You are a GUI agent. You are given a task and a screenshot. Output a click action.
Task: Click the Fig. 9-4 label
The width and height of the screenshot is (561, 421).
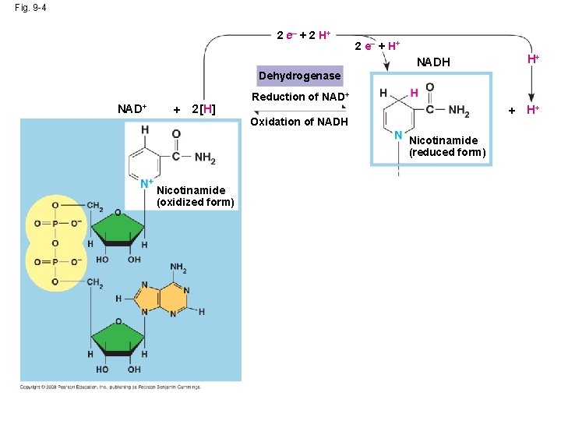click(30, 8)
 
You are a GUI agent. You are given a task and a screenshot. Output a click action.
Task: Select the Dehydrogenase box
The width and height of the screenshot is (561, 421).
click(299, 76)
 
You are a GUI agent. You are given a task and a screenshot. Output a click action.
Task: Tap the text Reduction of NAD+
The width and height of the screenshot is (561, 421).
click(300, 97)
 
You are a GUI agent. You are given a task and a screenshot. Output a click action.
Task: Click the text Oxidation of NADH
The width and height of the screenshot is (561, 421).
click(299, 122)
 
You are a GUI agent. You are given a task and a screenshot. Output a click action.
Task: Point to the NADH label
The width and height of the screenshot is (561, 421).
click(434, 62)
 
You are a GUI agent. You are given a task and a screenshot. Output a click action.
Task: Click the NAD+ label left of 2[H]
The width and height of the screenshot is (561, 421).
click(132, 108)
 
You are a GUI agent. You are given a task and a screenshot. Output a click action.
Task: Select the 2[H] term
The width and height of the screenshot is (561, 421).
click(203, 108)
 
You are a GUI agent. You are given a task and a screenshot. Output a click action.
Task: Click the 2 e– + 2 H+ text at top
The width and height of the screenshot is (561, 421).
click(304, 36)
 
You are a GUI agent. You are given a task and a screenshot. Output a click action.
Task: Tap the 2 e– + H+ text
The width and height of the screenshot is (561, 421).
click(377, 46)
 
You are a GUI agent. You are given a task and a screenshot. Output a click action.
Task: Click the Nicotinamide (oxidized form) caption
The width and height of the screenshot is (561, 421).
click(195, 196)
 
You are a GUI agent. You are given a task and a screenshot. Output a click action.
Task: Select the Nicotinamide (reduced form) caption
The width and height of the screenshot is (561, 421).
click(447, 147)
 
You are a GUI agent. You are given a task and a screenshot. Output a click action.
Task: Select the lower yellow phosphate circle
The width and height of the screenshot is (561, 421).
click(55, 262)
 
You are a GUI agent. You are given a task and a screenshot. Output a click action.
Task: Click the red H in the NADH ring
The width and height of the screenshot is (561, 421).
click(414, 93)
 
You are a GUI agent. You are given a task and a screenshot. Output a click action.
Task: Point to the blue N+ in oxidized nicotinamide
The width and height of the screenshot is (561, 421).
click(146, 185)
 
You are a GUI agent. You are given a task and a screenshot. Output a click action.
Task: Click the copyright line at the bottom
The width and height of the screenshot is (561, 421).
click(110, 387)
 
